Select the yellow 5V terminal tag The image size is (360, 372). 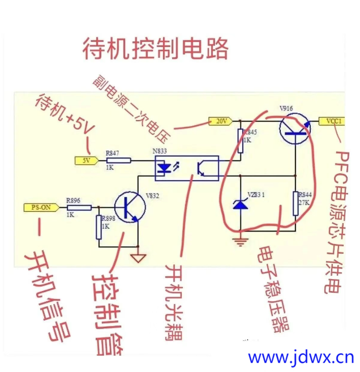click(87, 160)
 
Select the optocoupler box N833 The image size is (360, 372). click(186, 168)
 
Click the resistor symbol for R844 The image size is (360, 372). click(295, 204)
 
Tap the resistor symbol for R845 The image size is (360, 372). click(241, 140)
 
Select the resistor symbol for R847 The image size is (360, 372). click(118, 160)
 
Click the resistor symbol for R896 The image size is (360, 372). click(79, 207)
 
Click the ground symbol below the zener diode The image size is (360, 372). click(241, 241)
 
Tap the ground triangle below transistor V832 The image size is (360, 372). click(138, 259)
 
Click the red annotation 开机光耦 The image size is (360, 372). click(174, 300)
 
